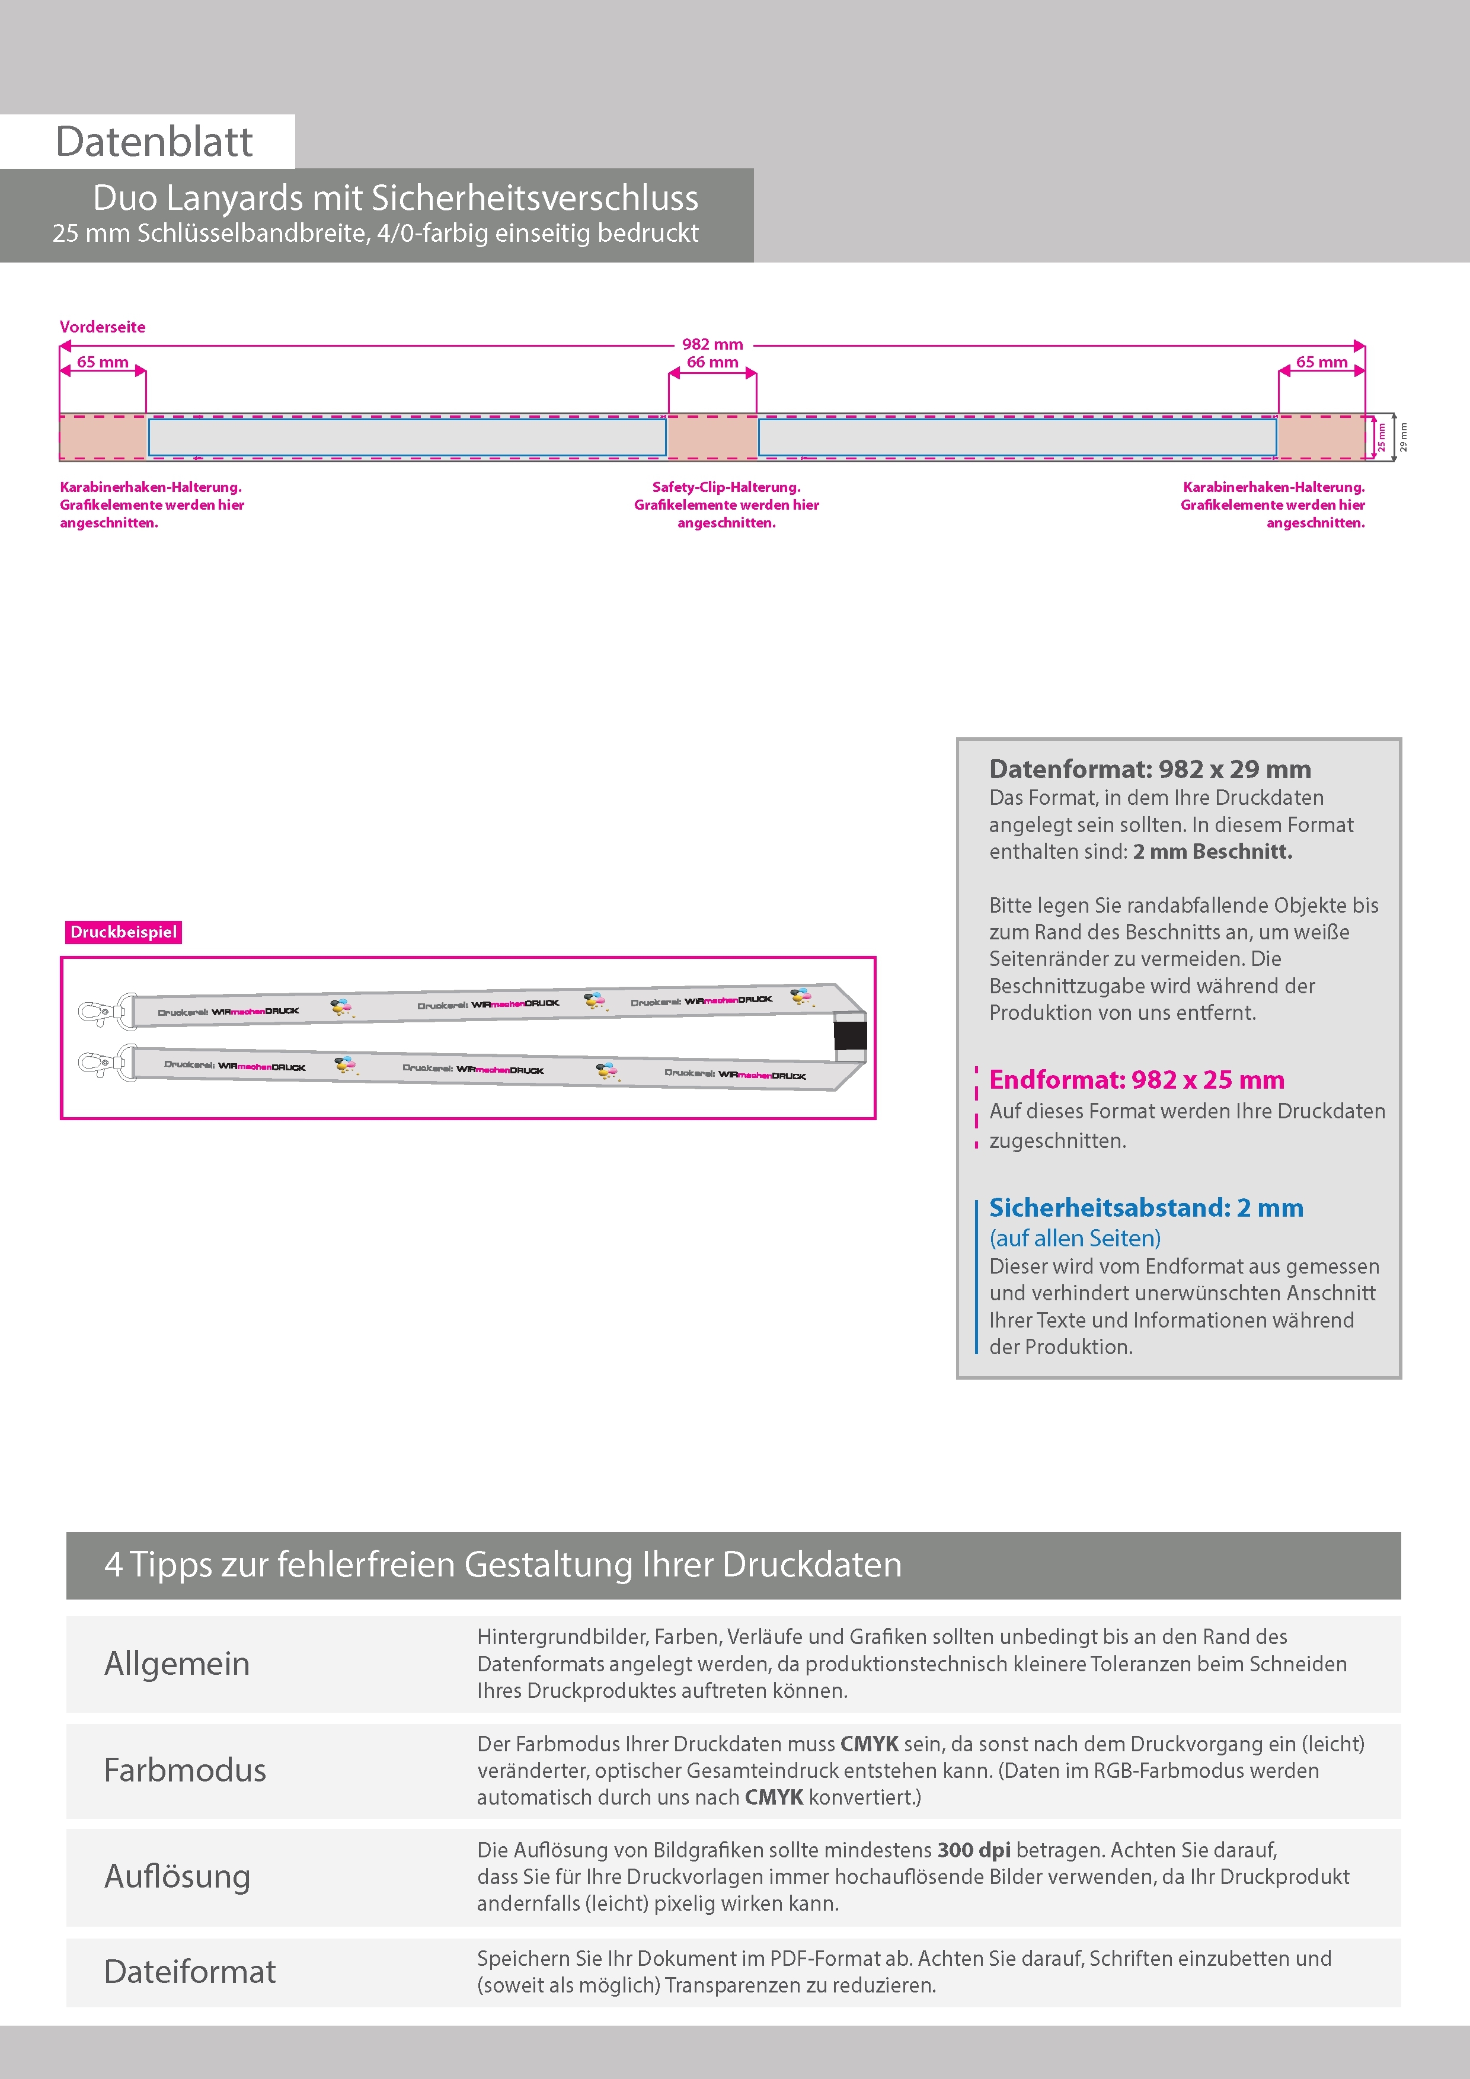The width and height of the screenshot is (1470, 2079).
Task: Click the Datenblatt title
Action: point(154,142)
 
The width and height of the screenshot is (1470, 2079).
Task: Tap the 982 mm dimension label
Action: point(712,344)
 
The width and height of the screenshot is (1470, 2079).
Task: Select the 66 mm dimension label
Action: point(712,362)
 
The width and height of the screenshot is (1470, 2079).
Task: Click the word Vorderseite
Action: point(103,327)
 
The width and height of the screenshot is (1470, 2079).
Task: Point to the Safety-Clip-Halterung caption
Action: point(726,504)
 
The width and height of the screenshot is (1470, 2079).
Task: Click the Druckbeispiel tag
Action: point(123,932)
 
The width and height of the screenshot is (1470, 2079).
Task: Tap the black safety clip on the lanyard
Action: point(849,1036)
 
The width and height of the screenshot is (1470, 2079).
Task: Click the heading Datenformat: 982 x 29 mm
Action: point(1149,769)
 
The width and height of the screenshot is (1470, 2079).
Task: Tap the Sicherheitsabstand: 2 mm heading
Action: point(1146,1207)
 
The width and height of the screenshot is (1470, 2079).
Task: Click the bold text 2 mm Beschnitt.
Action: point(1212,851)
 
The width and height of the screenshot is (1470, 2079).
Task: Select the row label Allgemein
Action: point(177,1664)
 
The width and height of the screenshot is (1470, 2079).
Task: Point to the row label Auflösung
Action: point(177,1875)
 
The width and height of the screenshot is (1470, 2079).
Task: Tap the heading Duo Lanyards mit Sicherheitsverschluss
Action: point(396,199)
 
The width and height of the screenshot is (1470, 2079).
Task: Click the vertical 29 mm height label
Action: point(1403,437)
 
